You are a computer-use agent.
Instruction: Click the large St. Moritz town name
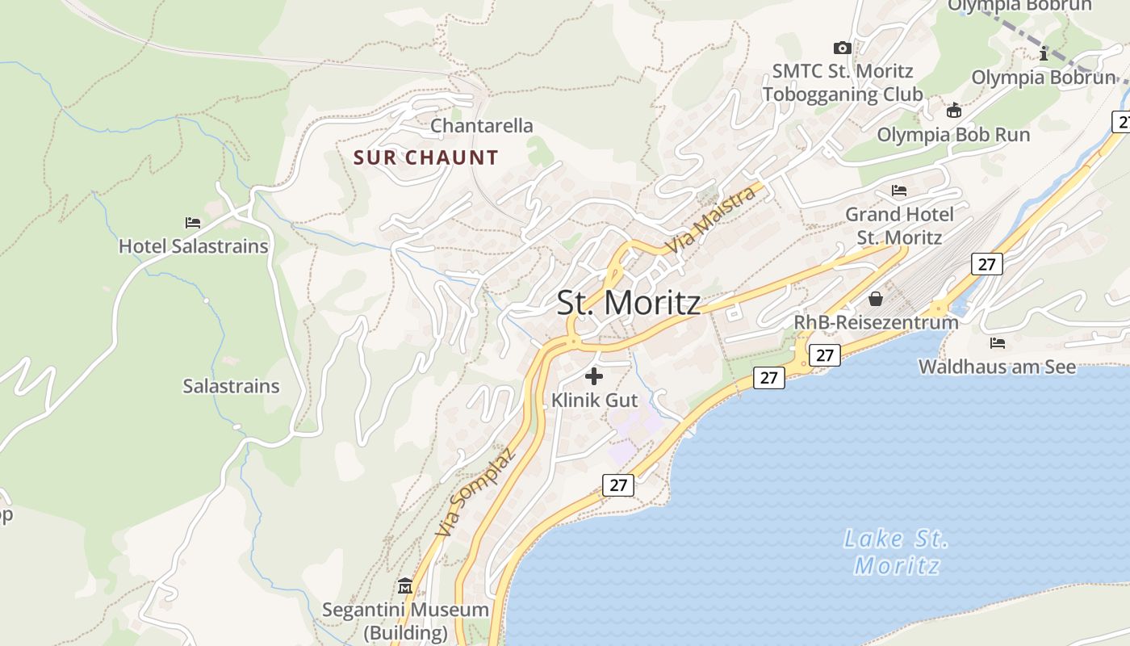[629, 303]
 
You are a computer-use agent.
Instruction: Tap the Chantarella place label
[482, 126]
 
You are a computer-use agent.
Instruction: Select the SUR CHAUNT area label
[426, 157]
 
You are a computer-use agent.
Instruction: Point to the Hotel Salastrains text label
[194, 246]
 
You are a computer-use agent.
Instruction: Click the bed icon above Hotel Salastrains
[192, 222]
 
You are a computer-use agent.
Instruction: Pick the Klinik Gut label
[594, 400]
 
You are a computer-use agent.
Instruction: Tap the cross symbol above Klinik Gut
[594, 375]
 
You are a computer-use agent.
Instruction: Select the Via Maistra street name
[710, 219]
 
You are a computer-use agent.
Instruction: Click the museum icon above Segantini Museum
[405, 585]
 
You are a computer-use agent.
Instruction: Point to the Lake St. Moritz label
[896, 552]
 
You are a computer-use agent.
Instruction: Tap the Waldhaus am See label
[997, 367]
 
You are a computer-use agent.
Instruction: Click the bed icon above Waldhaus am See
[998, 342]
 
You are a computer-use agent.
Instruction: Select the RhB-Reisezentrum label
[876, 321]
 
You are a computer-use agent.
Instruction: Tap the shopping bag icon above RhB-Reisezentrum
[876, 299]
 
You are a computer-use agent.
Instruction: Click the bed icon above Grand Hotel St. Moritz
[899, 191]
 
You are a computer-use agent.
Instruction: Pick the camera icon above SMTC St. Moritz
[842, 48]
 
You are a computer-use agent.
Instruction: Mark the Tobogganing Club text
[842, 94]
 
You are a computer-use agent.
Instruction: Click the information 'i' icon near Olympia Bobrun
[1044, 54]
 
